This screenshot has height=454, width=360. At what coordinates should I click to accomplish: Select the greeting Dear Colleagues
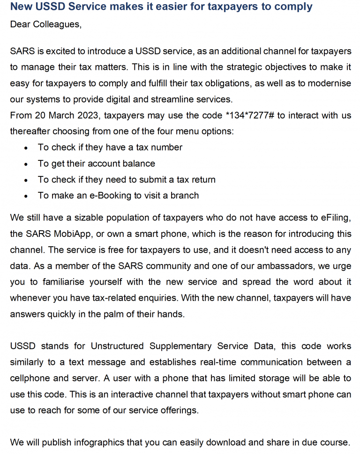click(x=45, y=24)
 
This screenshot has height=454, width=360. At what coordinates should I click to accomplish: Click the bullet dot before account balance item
click(x=27, y=164)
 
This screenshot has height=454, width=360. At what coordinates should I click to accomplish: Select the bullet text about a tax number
click(x=110, y=147)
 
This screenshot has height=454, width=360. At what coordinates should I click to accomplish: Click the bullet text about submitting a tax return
click(x=127, y=180)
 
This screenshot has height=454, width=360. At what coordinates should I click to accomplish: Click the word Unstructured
click(x=117, y=346)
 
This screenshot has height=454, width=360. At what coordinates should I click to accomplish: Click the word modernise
click(x=329, y=83)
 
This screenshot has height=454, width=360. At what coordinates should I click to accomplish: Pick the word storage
click(x=256, y=378)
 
